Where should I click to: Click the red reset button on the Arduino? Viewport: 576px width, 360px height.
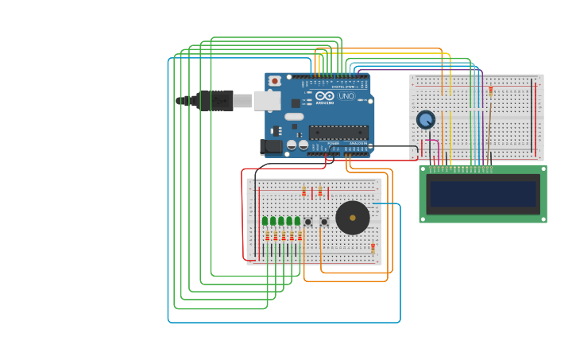[275, 81]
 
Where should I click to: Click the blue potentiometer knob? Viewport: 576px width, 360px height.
[426, 120]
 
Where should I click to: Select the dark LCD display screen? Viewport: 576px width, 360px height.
[483, 194]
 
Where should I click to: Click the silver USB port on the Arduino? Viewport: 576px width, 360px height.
[267, 100]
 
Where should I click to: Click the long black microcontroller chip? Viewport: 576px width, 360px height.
[338, 132]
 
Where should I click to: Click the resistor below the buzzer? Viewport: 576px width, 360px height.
[373, 248]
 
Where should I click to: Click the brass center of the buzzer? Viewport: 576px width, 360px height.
[353, 218]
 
